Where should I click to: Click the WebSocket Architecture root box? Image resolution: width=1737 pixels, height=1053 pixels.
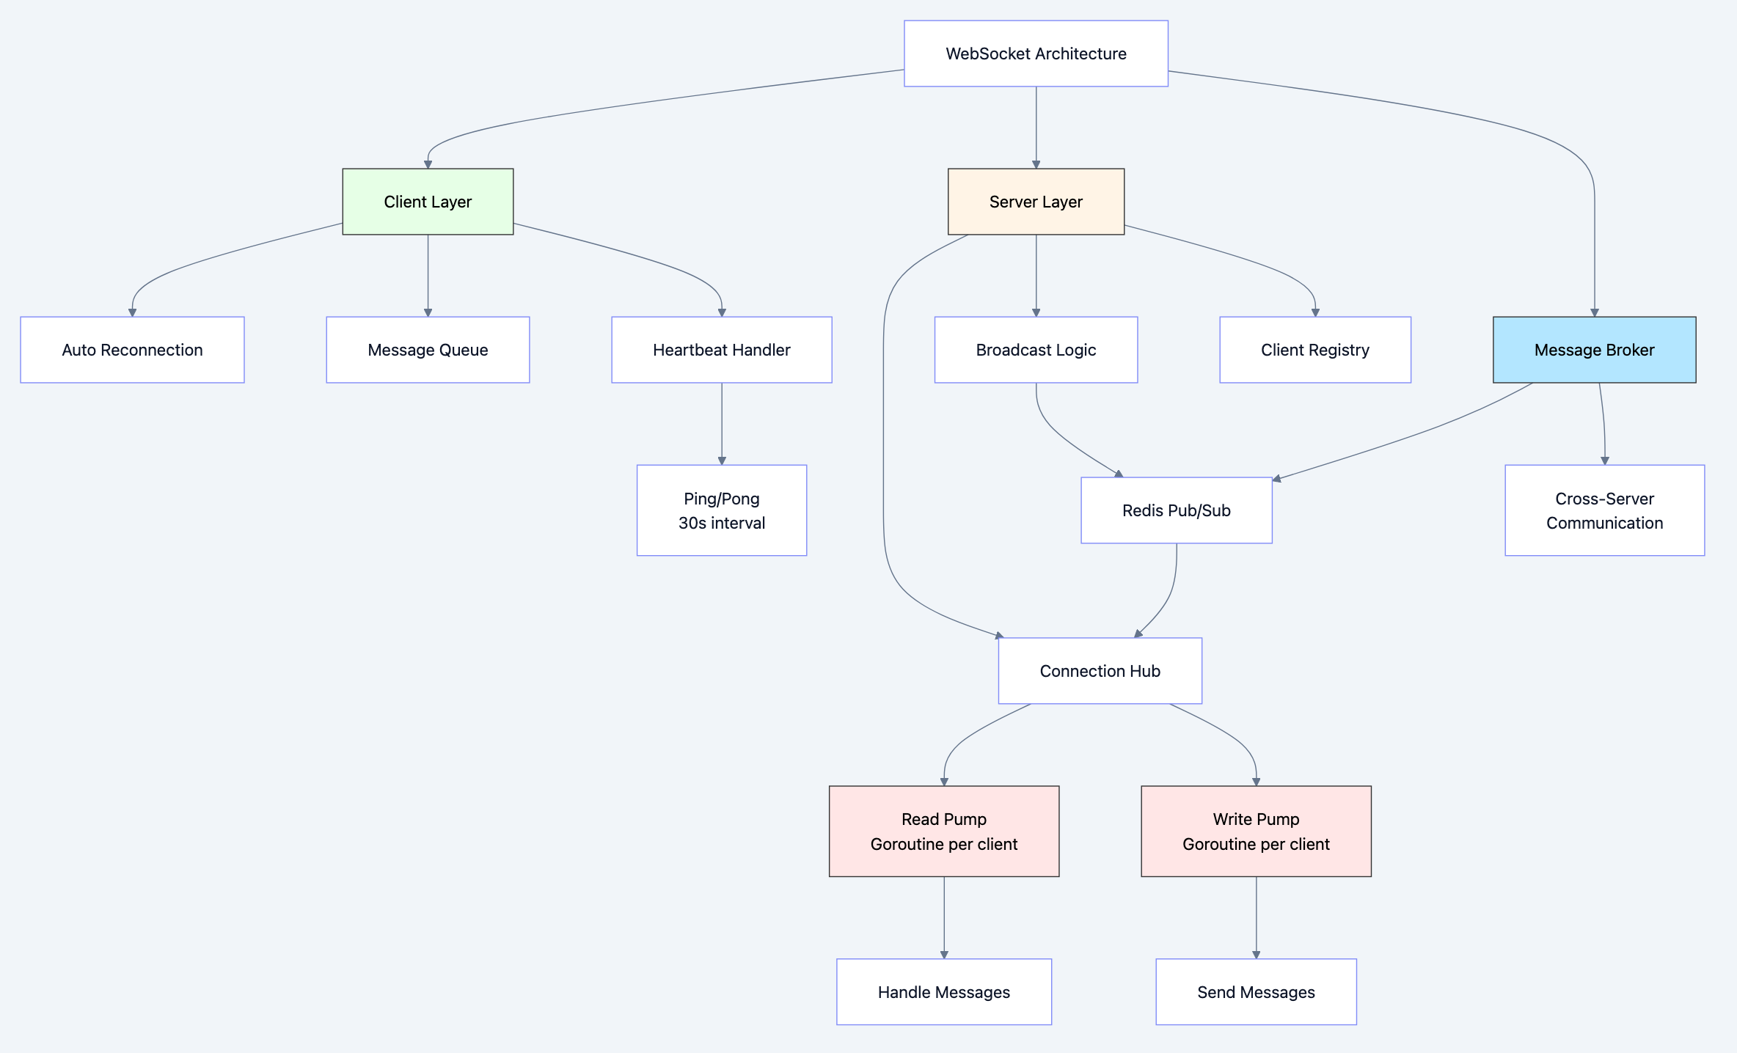coord(1035,54)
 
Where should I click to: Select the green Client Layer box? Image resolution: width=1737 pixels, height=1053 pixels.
coord(428,202)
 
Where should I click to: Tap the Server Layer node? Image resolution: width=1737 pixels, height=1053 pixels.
coord(1035,202)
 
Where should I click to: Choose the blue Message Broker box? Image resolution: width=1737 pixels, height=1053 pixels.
coord(1593,350)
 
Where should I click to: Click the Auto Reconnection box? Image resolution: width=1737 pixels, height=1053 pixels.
coord(132,350)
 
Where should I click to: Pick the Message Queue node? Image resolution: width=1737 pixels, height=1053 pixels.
coord(428,350)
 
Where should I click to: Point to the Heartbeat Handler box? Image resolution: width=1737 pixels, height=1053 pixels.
coord(721,350)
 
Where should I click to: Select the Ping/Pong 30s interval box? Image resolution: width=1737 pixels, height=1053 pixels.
coord(721,510)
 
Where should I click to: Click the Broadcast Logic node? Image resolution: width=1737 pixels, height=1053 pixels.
coord(1035,350)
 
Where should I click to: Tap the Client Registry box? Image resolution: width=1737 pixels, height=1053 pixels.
coord(1314,350)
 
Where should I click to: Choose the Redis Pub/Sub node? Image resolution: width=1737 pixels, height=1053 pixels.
coord(1176,510)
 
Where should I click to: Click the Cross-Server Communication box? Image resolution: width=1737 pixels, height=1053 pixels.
coord(1604,510)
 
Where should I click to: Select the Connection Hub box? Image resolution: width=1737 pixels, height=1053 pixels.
coord(1100,671)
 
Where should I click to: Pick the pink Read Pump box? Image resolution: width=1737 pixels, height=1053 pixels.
coord(943,831)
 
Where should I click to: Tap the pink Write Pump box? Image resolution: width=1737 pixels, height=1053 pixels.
coord(1256,831)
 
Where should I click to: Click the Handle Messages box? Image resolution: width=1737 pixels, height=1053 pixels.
coord(943,991)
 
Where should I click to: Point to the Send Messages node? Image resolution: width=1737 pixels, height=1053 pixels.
coord(1256,991)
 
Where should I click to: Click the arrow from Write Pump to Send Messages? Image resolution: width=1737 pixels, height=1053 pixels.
coord(1256,917)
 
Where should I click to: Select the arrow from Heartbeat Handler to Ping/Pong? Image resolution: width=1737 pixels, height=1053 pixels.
coord(722,423)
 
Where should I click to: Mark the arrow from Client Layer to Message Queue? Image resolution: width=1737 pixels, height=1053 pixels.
coord(428,275)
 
